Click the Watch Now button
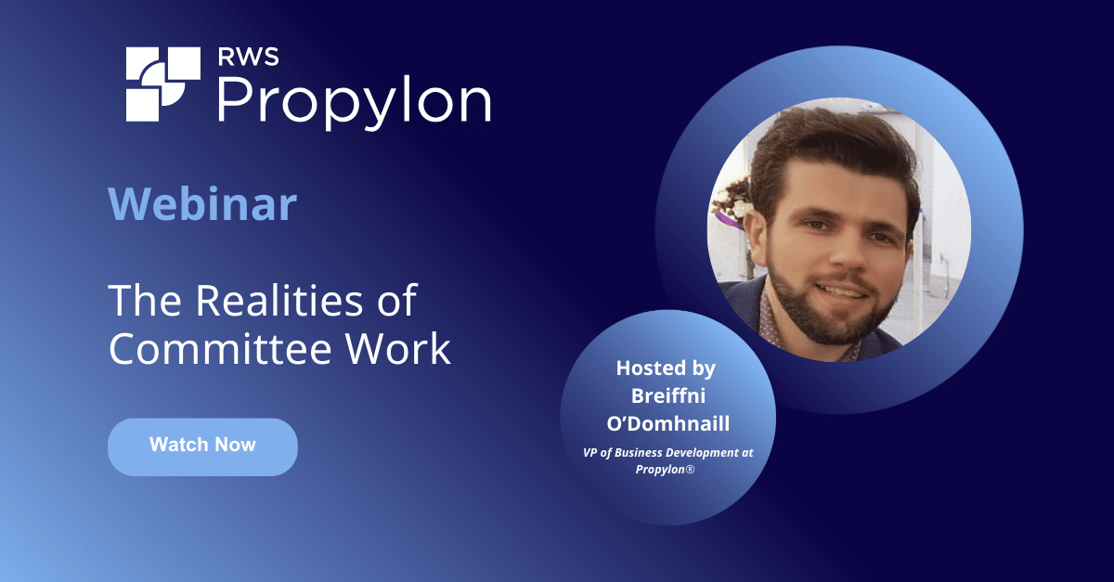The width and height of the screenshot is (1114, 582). pyautogui.click(x=202, y=446)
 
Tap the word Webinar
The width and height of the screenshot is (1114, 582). pyautogui.click(x=202, y=204)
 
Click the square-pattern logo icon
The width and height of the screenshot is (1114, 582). pyautogui.click(x=162, y=84)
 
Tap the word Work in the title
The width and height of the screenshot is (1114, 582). pyautogui.click(x=404, y=349)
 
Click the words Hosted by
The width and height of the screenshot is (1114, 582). pyautogui.click(x=666, y=369)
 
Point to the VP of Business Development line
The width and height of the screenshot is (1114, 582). pyautogui.click(x=666, y=451)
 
